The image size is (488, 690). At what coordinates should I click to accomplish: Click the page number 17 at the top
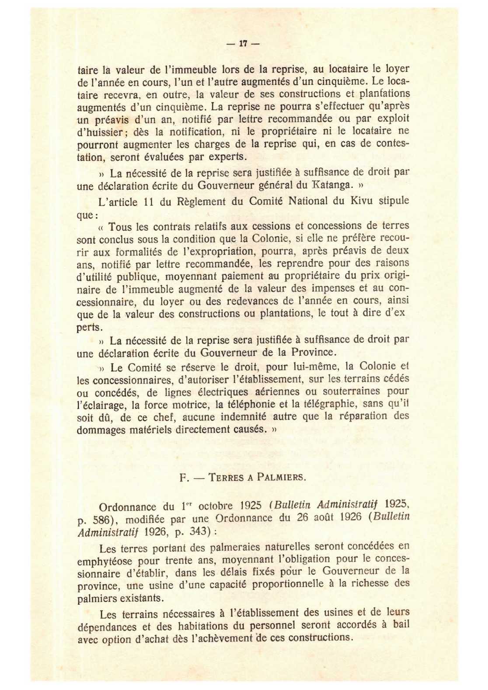(244, 44)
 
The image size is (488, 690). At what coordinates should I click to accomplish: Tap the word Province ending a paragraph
(312, 352)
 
